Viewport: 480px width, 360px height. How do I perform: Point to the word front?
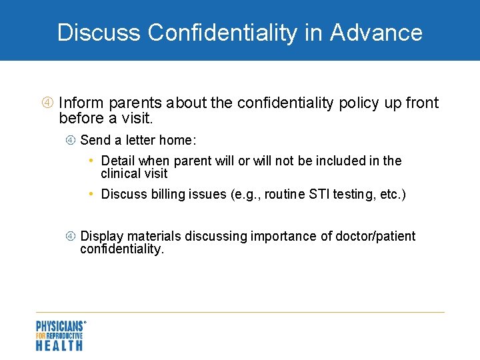click(421, 103)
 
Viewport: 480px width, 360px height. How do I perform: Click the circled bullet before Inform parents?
click(47, 103)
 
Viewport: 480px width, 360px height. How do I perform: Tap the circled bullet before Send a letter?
click(70, 140)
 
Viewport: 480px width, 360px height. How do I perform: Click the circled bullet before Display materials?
click(70, 237)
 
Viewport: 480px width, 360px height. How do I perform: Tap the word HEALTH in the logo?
click(59, 345)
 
